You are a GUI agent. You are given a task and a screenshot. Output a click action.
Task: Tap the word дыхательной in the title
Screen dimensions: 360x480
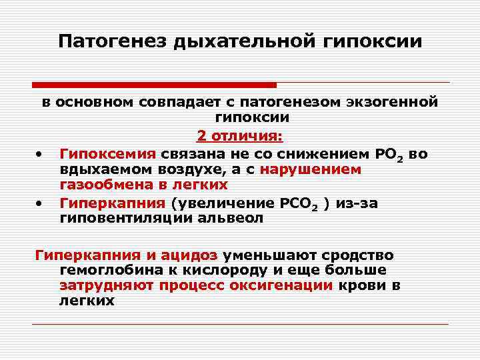point(237,41)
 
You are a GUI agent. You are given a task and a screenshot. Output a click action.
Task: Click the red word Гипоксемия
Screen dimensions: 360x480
point(107,153)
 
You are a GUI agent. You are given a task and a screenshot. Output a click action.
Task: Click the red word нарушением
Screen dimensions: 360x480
point(311,169)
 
